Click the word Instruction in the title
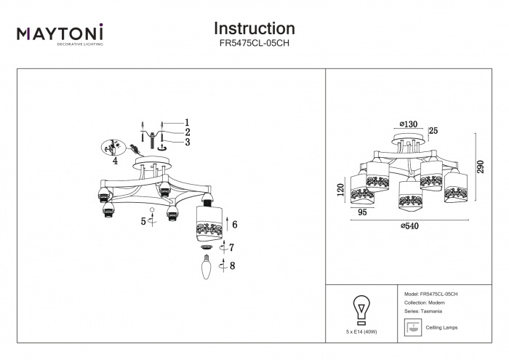click(254, 28)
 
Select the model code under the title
click(254, 44)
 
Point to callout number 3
click(186, 143)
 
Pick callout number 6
click(235, 224)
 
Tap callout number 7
click(233, 248)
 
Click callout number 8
click(233, 266)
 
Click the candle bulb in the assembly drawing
click(206, 271)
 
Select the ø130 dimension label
click(410, 124)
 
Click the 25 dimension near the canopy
click(434, 131)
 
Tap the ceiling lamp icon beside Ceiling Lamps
click(412, 327)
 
